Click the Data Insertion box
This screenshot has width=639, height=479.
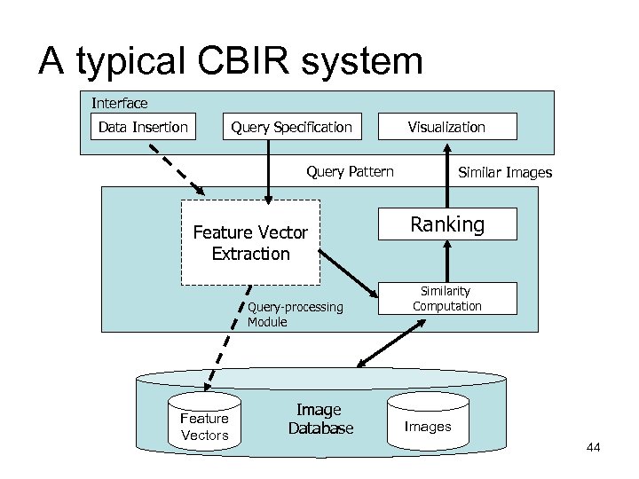(x=143, y=127)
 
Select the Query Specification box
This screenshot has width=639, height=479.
(x=291, y=127)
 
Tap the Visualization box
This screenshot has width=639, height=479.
(x=446, y=127)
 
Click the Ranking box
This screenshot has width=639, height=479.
(x=446, y=224)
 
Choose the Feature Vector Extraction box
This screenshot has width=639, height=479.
(x=250, y=243)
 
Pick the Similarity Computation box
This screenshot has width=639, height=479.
(x=446, y=299)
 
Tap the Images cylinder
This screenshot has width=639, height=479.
(x=428, y=425)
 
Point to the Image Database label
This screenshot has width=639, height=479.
(x=320, y=419)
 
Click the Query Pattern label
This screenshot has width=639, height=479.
(x=350, y=171)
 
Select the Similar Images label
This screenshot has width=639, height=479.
(x=504, y=172)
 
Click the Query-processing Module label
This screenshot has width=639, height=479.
(x=295, y=314)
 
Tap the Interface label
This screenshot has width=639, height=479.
(x=119, y=103)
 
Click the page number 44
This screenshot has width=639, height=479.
(x=593, y=448)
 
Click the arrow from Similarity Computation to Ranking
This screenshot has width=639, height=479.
(x=446, y=261)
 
